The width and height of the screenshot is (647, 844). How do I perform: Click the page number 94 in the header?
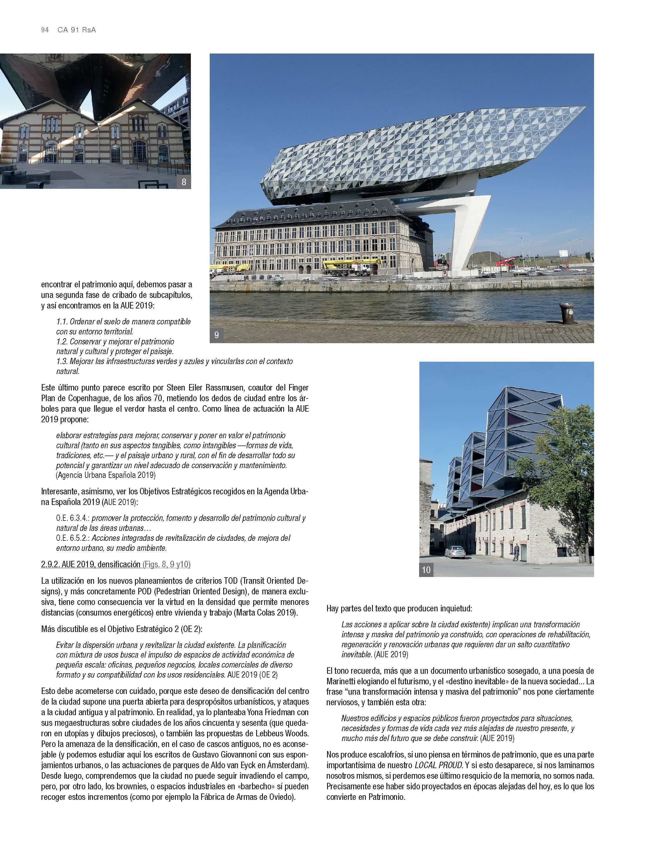[45, 30]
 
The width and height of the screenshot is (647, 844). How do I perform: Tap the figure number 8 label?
[184, 182]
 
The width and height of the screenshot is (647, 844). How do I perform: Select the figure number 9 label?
[216, 335]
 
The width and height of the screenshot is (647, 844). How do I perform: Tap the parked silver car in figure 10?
[455, 552]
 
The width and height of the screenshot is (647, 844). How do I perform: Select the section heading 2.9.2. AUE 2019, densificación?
[91, 564]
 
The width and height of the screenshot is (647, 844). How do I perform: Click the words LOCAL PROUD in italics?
[438, 765]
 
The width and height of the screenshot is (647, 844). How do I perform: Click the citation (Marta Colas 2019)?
[265, 612]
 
